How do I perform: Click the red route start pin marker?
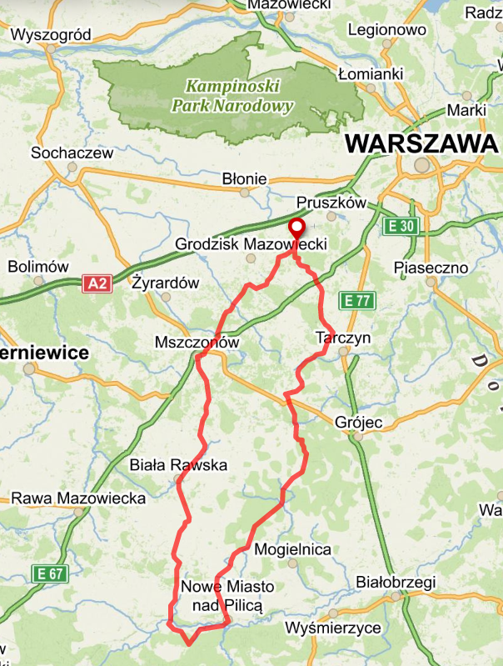[x=296, y=228]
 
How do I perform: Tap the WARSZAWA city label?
[x=421, y=143]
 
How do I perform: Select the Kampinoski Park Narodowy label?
[x=232, y=96]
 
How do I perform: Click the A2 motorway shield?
[x=97, y=284]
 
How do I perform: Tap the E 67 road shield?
[x=48, y=573]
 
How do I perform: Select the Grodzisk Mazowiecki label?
[x=251, y=245]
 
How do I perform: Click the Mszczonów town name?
[x=197, y=343]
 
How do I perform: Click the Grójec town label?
[x=357, y=423]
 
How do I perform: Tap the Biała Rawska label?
[x=179, y=465]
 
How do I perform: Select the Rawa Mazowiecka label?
[x=78, y=498]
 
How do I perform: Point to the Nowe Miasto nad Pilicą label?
[x=227, y=596]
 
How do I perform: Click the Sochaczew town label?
[x=71, y=153]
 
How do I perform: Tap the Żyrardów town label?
[x=167, y=283]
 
